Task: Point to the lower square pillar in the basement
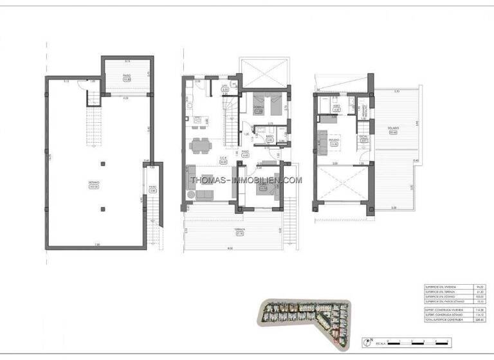pos(103,208)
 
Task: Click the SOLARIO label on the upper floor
pos(393,129)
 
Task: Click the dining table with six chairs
pos(202,147)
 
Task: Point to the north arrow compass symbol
pos(367,343)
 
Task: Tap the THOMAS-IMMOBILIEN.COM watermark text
pos(247,180)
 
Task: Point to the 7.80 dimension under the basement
pos(97,244)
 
